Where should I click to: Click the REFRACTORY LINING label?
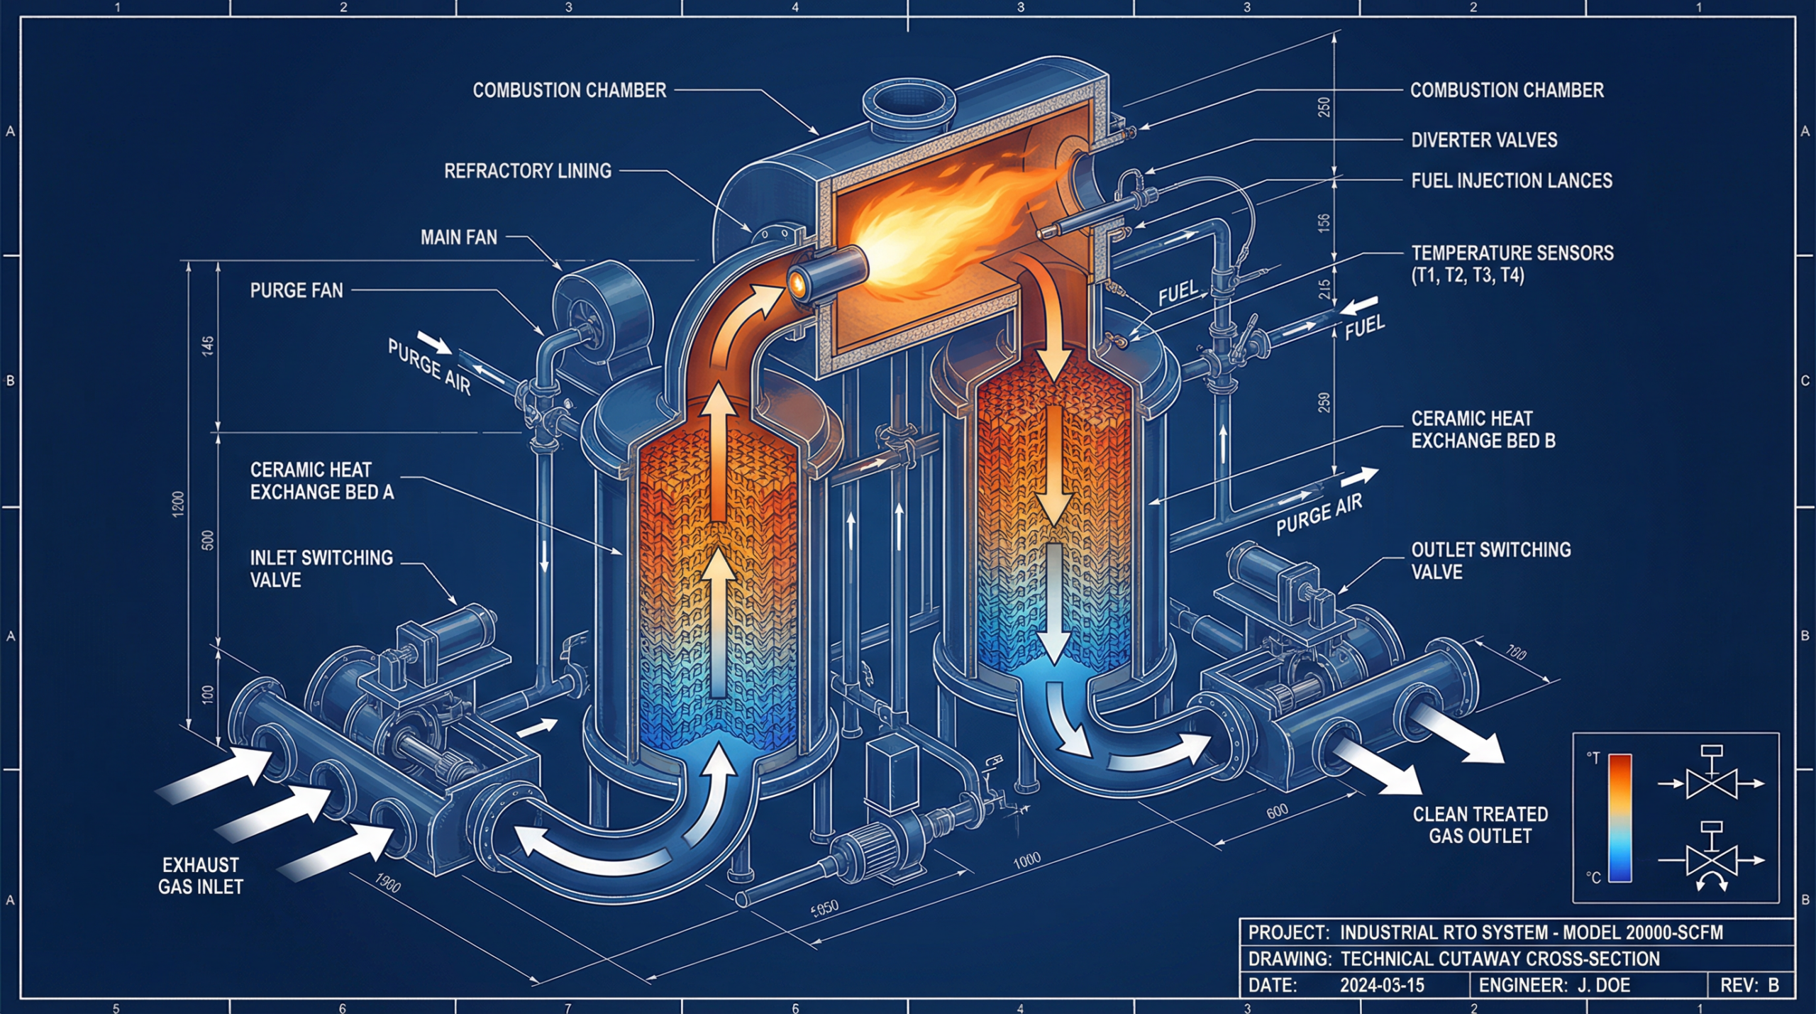coord(527,171)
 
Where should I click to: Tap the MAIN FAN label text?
coord(458,238)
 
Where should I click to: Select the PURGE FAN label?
coord(297,290)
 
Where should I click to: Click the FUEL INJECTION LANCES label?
coord(1511,181)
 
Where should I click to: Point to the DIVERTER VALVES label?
coord(1483,140)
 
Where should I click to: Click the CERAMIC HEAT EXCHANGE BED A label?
coord(321,481)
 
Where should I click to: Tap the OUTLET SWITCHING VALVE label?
coord(1490,561)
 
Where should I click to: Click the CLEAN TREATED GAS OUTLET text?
coord(1480,825)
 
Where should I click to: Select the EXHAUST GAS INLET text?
coord(200,876)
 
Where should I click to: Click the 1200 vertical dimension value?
coord(178,504)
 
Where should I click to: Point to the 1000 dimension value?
coord(1026,861)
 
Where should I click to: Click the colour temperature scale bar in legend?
coord(1620,817)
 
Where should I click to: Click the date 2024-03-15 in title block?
coord(1381,986)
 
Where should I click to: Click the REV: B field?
coord(1749,986)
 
